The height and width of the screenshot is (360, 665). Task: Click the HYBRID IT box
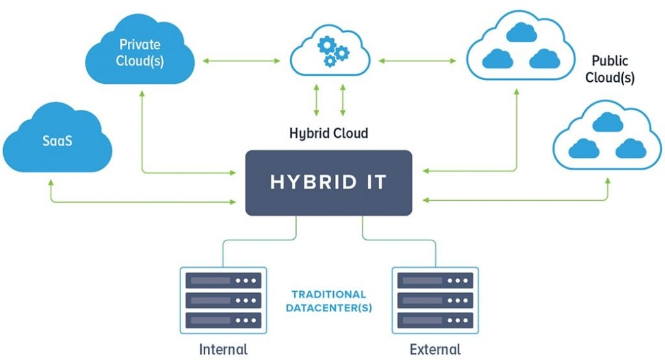pos(329,183)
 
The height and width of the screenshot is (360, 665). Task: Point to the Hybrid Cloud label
pos(329,134)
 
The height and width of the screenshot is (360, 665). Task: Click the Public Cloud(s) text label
pos(610,70)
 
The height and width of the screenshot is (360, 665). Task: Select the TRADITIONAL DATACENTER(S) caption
pos(329,301)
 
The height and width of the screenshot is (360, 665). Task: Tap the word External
pos(435,349)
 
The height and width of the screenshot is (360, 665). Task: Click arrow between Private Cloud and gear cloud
pos(241,61)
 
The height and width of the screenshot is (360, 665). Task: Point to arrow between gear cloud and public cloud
pos(418,61)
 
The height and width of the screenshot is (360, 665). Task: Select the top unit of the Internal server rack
pos(223,281)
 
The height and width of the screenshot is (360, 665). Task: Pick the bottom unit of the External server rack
pos(436,320)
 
